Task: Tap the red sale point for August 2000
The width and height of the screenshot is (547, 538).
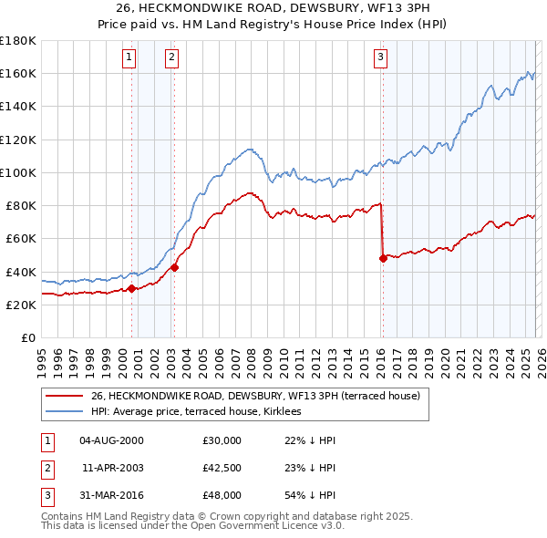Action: pyautogui.click(x=131, y=288)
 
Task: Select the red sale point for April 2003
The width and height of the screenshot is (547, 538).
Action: pyautogui.click(x=174, y=268)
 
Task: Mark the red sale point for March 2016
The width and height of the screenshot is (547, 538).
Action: pyautogui.click(x=383, y=259)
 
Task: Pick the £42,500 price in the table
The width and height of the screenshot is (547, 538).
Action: pyautogui.click(x=221, y=468)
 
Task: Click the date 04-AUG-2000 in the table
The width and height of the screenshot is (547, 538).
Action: pyautogui.click(x=111, y=440)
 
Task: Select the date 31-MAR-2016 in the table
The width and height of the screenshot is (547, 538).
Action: pyautogui.click(x=111, y=495)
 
